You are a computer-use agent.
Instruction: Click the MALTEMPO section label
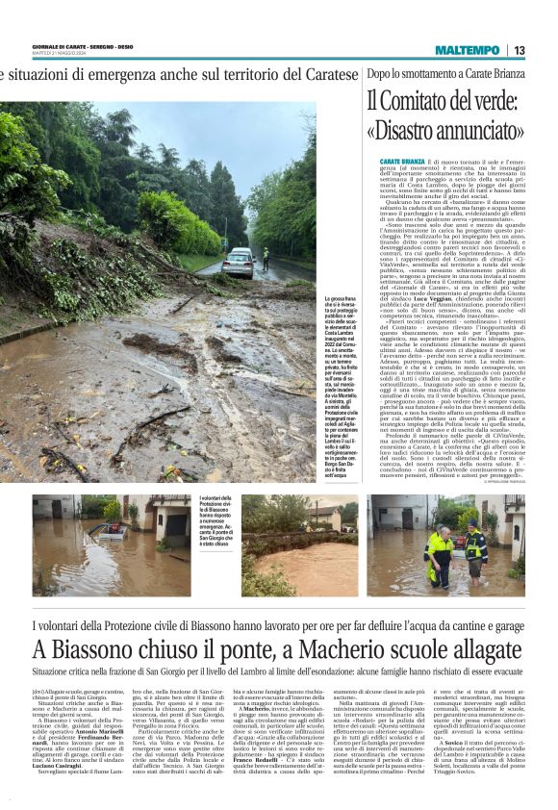(x=467, y=50)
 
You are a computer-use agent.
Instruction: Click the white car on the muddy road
(x=238, y=263)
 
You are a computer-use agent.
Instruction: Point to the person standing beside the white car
(x=266, y=258)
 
